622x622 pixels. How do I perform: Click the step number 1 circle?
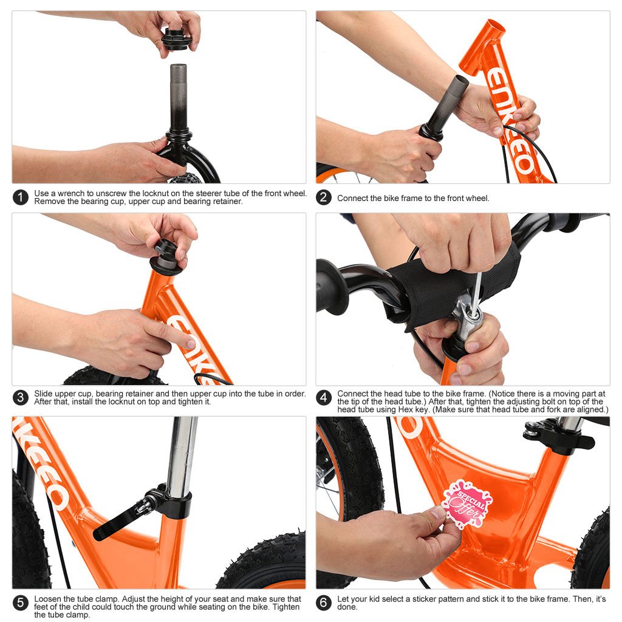coord(21,197)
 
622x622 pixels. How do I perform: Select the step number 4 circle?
coord(324,398)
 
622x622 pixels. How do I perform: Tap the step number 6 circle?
coord(324,603)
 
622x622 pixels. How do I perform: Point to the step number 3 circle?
coord(21,398)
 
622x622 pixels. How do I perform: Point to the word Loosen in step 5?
coord(47,599)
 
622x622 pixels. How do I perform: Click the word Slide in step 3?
coord(44,394)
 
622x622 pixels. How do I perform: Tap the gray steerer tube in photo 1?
coord(178,91)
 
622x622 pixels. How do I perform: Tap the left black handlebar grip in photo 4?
coord(333,285)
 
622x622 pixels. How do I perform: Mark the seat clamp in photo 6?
coord(556,437)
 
